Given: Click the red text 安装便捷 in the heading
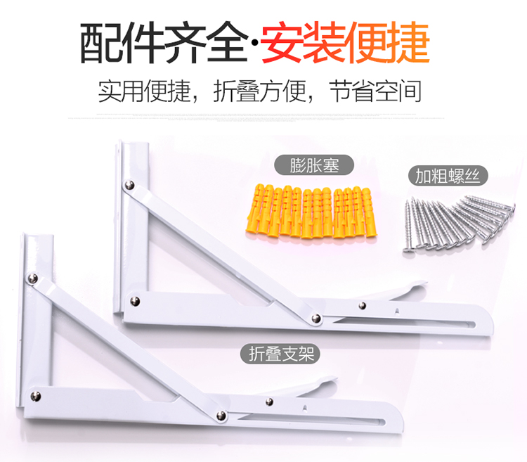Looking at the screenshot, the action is coord(344,43).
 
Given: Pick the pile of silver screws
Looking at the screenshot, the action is coord(454,221).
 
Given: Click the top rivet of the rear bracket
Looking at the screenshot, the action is coord(129,185).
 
